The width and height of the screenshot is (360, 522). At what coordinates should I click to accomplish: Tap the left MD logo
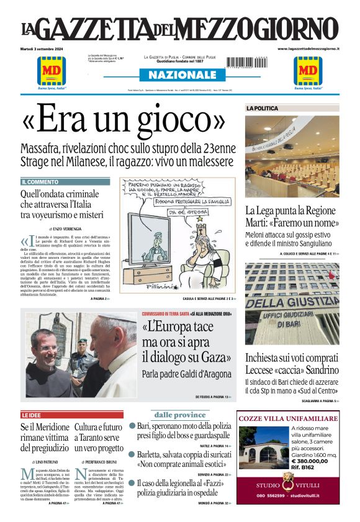pos(52,71)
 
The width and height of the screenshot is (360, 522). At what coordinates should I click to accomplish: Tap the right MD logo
pos(308,71)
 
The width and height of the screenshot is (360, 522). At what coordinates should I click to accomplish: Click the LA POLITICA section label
pos(262,108)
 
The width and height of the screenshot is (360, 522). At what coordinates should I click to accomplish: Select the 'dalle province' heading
pos(180,415)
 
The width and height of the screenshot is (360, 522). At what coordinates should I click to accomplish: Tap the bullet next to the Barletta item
pos(132,454)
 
